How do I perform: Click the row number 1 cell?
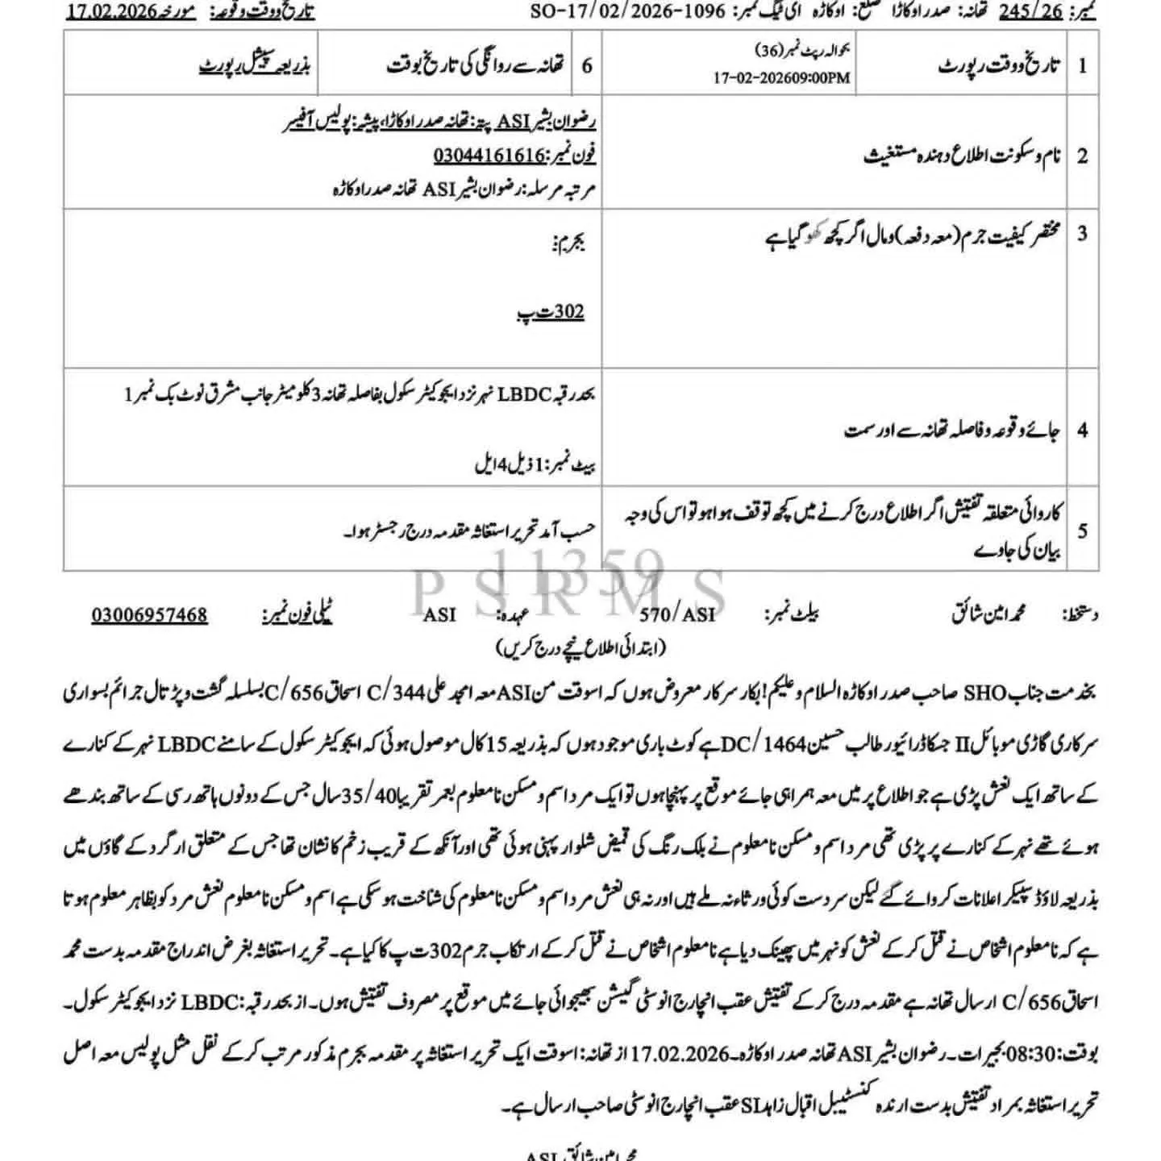click(x=1082, y=66)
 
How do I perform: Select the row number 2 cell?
click(x=1082, y=155)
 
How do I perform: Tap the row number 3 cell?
click(x=1082, y=234)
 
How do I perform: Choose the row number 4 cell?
click(x=1082, y=430)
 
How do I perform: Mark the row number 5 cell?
click(x=1082, y=531)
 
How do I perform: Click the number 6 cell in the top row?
click(x=587, y=66)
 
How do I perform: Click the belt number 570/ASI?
click(x=677, y=615)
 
